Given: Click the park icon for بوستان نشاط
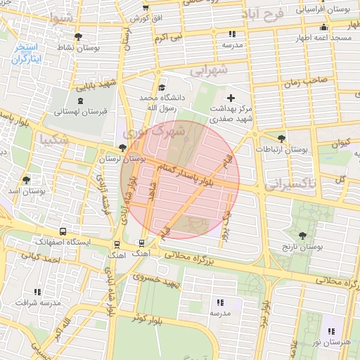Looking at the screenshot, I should coord(77,37).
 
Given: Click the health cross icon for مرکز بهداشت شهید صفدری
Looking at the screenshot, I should coord(231,97).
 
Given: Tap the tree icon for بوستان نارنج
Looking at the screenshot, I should coord(304,236).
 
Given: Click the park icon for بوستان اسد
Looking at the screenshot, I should coord(27,180).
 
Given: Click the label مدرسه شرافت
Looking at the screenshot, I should coord(37,304).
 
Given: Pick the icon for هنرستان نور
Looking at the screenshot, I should coord(330,330).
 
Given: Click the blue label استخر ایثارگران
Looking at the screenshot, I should coord(27,54).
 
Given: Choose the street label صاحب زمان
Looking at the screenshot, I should coord(306,82).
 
